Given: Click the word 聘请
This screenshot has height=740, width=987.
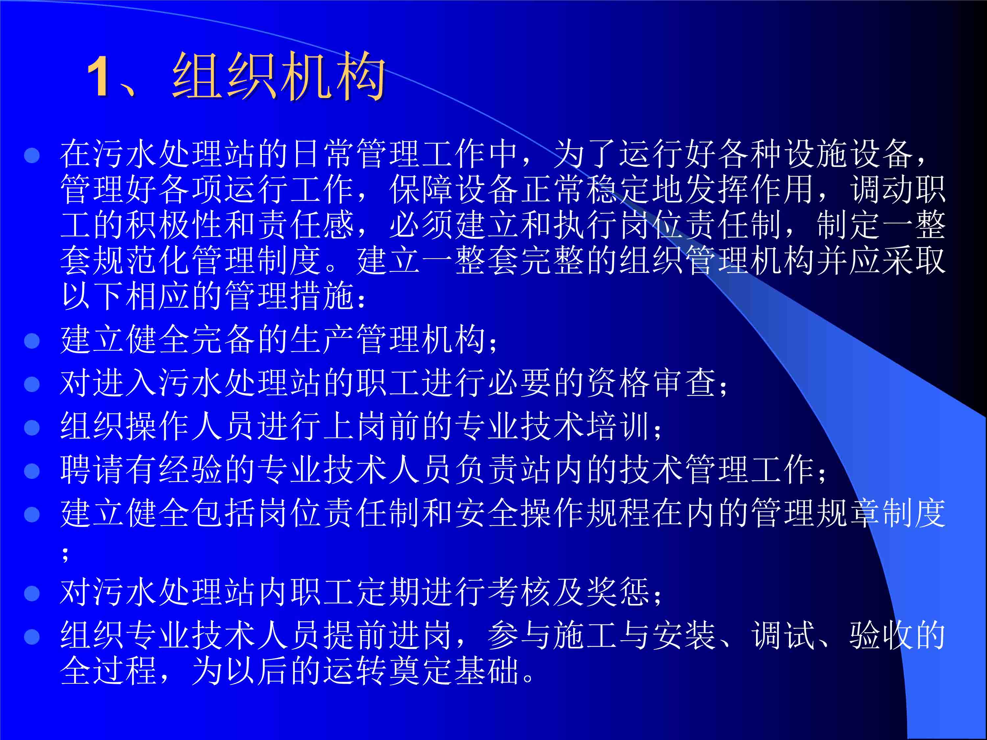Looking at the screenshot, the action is pyautogui.click(x=93, y=470).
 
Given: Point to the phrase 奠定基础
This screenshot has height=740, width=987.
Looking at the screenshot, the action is pyautogui.click(x=454, y=670).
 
